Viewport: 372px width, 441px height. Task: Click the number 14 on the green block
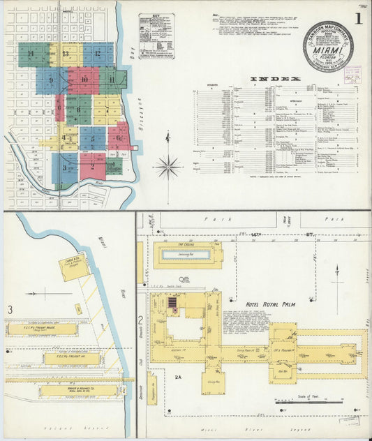(30, 53)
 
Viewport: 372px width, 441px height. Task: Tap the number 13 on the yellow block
(65, 53)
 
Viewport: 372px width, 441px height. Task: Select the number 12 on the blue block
(98, 53)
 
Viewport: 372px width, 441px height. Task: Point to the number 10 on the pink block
(84, 80)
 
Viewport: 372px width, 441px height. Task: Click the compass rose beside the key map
(168, 166)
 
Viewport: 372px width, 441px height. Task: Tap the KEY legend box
(156, 33)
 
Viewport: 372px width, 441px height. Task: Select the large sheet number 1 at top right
(357, 20)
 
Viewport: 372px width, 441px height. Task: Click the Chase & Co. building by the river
(75, 266)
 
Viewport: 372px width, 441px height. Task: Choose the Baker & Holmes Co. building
(77, 391)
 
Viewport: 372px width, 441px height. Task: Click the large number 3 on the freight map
(10, 310)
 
